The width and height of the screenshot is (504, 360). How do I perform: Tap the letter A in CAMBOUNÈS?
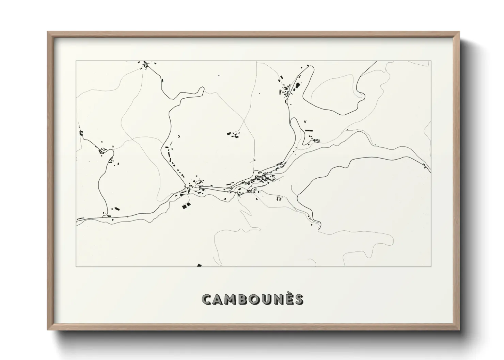pos(220,300)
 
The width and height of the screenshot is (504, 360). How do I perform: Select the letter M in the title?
pos(234,300)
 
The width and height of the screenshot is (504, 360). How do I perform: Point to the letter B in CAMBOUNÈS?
pos(247,300)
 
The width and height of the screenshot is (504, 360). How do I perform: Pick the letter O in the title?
pos(258,300)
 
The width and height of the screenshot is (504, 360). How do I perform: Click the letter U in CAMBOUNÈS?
pos(271,300)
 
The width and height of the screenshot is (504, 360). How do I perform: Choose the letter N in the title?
pos(283,300)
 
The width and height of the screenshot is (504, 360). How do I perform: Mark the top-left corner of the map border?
pos(76,61)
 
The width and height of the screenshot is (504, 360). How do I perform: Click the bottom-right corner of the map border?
pos(431,267)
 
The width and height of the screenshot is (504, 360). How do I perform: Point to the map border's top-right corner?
pos(431,61)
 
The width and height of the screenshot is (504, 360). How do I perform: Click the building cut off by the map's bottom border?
pos(200,265)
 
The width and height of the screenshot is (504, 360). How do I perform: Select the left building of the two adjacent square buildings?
pos(185,206)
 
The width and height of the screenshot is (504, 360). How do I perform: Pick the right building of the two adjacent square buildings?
pos(189,204)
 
